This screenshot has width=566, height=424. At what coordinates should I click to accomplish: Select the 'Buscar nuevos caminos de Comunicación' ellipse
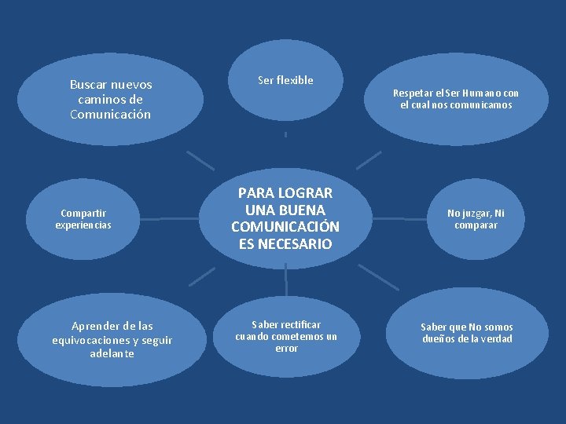tap(110, 100)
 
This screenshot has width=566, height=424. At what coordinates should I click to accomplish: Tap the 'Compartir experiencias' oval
tap(83, 219)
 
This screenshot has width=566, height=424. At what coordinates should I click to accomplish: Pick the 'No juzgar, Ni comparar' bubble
tap(476, 219)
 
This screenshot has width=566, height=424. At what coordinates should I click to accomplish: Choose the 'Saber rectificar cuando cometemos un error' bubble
tap(286, 336)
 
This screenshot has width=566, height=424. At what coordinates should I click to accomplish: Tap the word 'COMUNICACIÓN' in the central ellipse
tap(285, 227)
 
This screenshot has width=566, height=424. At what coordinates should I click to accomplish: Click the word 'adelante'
tap(112, 354)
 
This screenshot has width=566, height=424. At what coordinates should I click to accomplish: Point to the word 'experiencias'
tap(83, 225)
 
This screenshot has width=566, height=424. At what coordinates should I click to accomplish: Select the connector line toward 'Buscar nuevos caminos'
tap(200, 159)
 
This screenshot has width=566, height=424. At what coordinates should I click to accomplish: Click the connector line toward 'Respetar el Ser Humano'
tap(369, 159)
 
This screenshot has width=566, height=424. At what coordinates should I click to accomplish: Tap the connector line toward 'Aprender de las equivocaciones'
tap(201, 276)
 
